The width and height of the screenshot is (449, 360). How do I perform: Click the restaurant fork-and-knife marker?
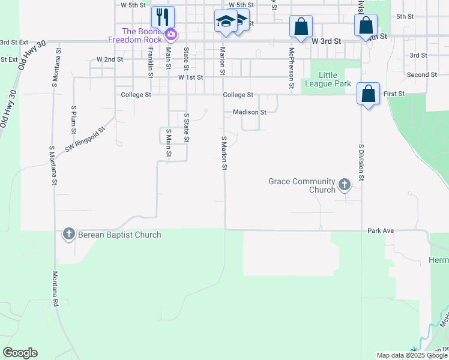(163, 16)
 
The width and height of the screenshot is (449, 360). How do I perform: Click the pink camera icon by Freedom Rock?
(171, 35)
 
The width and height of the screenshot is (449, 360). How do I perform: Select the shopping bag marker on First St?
(368, 94)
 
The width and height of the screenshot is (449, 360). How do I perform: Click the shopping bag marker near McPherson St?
(301, 27)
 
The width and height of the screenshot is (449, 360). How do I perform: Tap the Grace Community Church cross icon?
(345, 185)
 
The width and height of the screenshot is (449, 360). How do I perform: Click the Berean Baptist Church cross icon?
(69, 235)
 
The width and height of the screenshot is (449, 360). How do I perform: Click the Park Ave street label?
(380, 230)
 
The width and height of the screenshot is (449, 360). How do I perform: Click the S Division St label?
(361, 161)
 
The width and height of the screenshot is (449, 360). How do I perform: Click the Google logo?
(20, 353)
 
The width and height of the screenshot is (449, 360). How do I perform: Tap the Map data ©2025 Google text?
(412, 355)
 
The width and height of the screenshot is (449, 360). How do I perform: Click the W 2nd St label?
(110, 60)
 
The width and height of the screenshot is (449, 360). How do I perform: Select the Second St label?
(421, 75)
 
